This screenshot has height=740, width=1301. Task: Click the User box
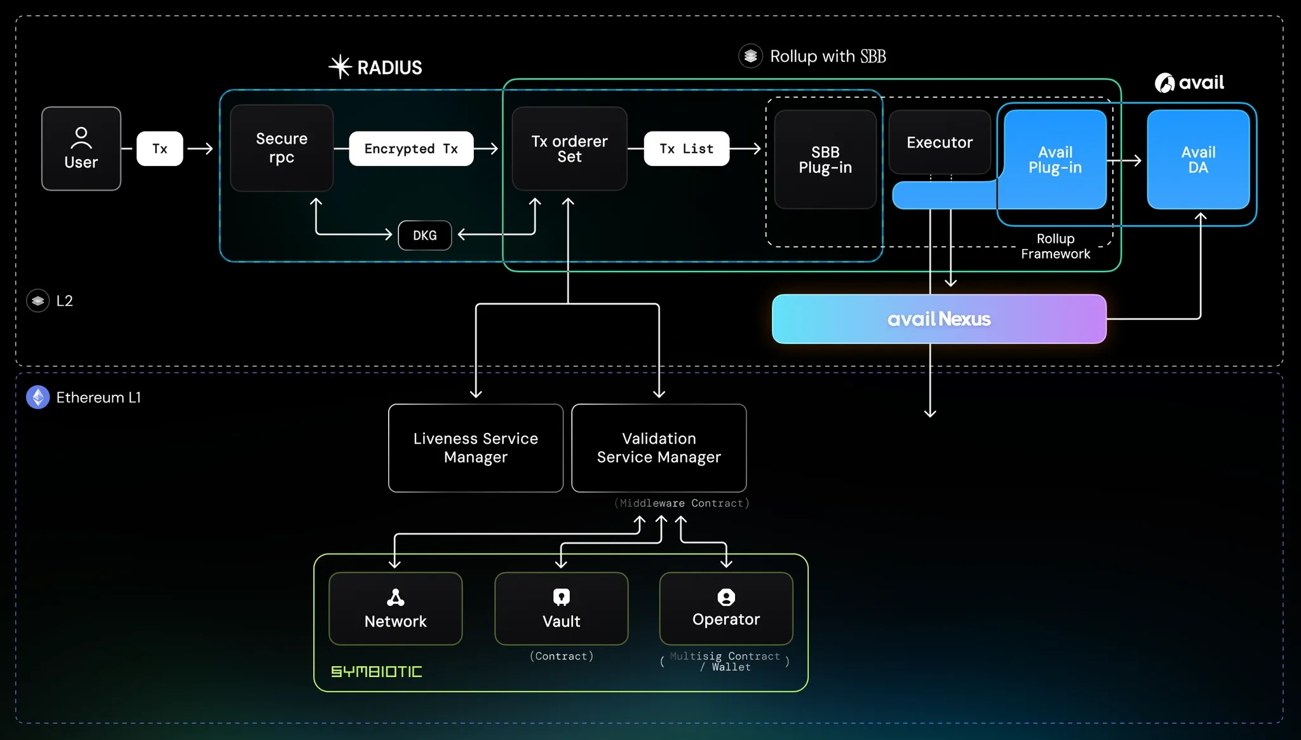click(x=81, y=149)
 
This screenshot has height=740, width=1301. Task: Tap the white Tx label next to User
click(x=159, y=149)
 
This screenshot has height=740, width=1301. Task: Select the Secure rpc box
click(x=281, y=148)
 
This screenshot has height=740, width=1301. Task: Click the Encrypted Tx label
click(x=411, y=149)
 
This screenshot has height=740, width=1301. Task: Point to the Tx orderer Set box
click(x=569, y=149)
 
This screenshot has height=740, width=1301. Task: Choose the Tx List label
click(x=686, y=149)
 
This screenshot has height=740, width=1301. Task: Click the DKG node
click(x=424, y=235)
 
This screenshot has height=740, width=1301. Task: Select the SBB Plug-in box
click(x=825, y=160)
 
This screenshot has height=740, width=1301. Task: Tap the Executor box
click(x=939, y=142)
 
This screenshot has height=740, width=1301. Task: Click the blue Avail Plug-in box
click(x=1055, y=160)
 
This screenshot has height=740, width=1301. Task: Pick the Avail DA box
click(x=1197, y=160)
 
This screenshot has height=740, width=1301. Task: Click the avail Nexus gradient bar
click(x=938, y=319)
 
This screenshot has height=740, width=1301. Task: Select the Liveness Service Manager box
click(x=475, y=448)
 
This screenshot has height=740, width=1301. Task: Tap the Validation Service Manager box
click(x=659, y=448)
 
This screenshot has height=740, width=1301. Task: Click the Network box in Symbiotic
click(x=395, y=609)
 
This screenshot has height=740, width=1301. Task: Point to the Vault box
click(x=561, y=609)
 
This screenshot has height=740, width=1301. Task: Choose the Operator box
click(x=725, y=609)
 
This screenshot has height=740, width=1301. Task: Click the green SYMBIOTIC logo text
click(x=376, y=671)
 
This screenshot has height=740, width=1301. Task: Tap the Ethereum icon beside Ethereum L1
click(x=38, y=397)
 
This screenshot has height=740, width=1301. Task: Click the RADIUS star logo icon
click(x=340, y=67)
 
